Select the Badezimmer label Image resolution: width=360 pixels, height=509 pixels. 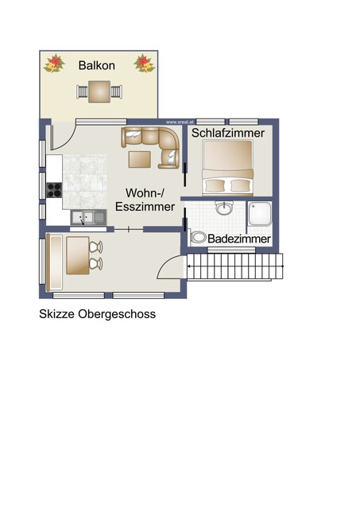[239, 239]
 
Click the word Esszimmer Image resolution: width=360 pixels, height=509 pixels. [145, 207]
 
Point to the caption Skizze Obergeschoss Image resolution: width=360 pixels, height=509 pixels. [98, 314]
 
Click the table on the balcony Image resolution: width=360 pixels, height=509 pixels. [99, 92]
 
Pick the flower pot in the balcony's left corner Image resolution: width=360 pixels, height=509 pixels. [54, 63]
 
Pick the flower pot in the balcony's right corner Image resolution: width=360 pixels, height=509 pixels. [144, 63]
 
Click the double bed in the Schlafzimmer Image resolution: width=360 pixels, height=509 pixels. [228, 169]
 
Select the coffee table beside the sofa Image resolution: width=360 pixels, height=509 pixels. [140, 159]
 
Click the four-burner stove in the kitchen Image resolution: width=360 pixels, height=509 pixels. [55, 190]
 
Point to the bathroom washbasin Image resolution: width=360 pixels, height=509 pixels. [225, 208]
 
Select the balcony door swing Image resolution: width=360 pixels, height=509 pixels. [61, 134]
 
